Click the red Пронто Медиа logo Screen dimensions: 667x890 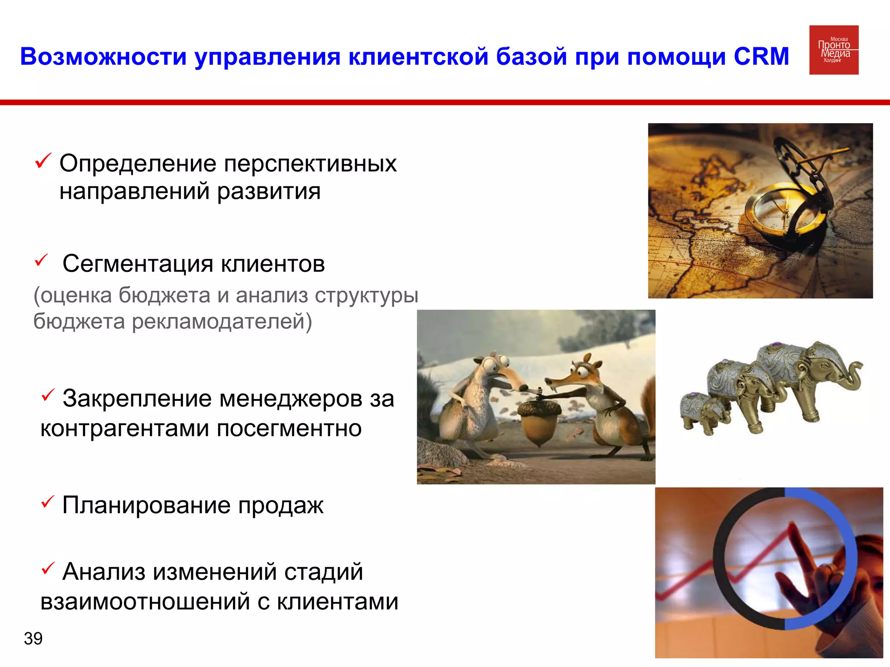[834, 50]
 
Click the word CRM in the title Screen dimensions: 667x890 [761, 56]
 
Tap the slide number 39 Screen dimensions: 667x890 [33, 638]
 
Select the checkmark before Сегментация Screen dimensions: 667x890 [41, 261]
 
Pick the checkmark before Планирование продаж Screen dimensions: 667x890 [47, 502]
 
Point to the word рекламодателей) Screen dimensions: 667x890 [222, 322]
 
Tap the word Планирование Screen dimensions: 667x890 [146, 505]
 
